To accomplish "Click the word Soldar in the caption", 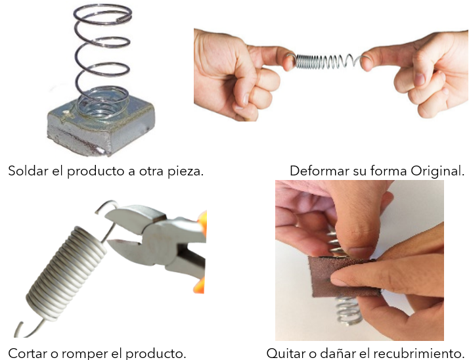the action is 28,171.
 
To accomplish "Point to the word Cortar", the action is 27,353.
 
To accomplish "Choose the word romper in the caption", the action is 85,354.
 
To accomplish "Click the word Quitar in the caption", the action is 284,353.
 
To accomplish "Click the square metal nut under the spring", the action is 100,129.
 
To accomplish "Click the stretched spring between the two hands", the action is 324,61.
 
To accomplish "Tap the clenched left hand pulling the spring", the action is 236,75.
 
